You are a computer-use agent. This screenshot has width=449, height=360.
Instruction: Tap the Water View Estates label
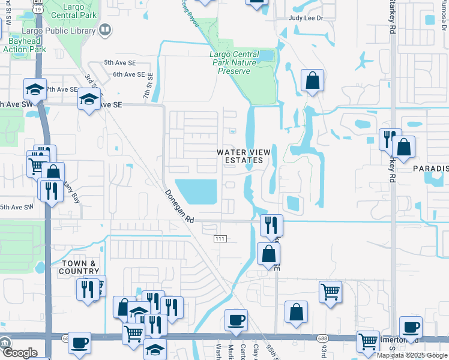pos(240,157)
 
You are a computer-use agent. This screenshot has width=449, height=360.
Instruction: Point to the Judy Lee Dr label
pos(306,19)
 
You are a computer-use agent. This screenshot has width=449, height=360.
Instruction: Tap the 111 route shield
pos(219,239)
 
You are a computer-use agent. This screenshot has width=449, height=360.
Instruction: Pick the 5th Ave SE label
pos(117,62)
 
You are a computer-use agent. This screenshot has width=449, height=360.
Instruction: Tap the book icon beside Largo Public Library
pos(105,29)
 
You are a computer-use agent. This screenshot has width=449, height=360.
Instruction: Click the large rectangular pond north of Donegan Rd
pos(196,191)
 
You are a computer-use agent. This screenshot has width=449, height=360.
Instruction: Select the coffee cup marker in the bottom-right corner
pos(411,327)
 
